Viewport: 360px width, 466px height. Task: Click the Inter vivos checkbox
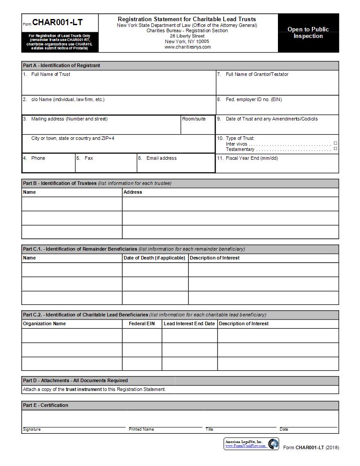click(x=335, y=143)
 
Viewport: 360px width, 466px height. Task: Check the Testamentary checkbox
click(x=335, y=149)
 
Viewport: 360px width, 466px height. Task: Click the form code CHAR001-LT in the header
click(x=57, y=23)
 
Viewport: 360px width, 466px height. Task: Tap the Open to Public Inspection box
click(x=308, y=33)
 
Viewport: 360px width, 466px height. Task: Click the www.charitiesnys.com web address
click(x=187, y=47)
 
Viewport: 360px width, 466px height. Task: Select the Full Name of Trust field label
click(x=50, y=74)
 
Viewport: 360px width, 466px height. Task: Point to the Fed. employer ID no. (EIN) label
click(x=253, y=99)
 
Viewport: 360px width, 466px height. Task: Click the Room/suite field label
click(x=194, y=119)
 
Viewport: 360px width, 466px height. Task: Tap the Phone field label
click(x=38, y=158)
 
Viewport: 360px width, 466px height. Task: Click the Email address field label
click(x=161, y=158)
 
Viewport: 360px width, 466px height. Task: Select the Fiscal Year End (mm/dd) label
click(x=251, y=158)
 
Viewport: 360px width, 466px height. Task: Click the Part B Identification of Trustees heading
click(x=60, y=183)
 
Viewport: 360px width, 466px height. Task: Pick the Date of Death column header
click(x=154, y=258)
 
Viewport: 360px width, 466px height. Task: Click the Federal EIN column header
click(x=142, y=323)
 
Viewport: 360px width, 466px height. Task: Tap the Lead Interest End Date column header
click(x=189, y=323)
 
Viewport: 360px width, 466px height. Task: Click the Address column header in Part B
click(x=133, y=192)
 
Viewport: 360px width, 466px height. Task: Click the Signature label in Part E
click(x=32, y=429)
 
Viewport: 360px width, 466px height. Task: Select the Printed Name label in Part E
click(x=141, y=429)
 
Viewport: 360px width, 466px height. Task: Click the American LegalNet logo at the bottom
click(x=251, y=443)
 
